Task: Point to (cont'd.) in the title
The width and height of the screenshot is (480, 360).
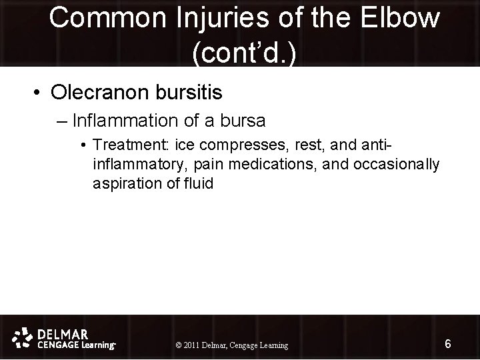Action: [x=244, y=53]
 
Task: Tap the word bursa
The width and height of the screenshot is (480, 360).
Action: [x=242, y=121]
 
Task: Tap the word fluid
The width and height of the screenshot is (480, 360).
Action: [x=198, y=183]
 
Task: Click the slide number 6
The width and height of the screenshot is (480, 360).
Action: [x=448, y=344]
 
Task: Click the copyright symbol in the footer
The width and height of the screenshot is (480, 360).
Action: [x=178, y=345]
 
